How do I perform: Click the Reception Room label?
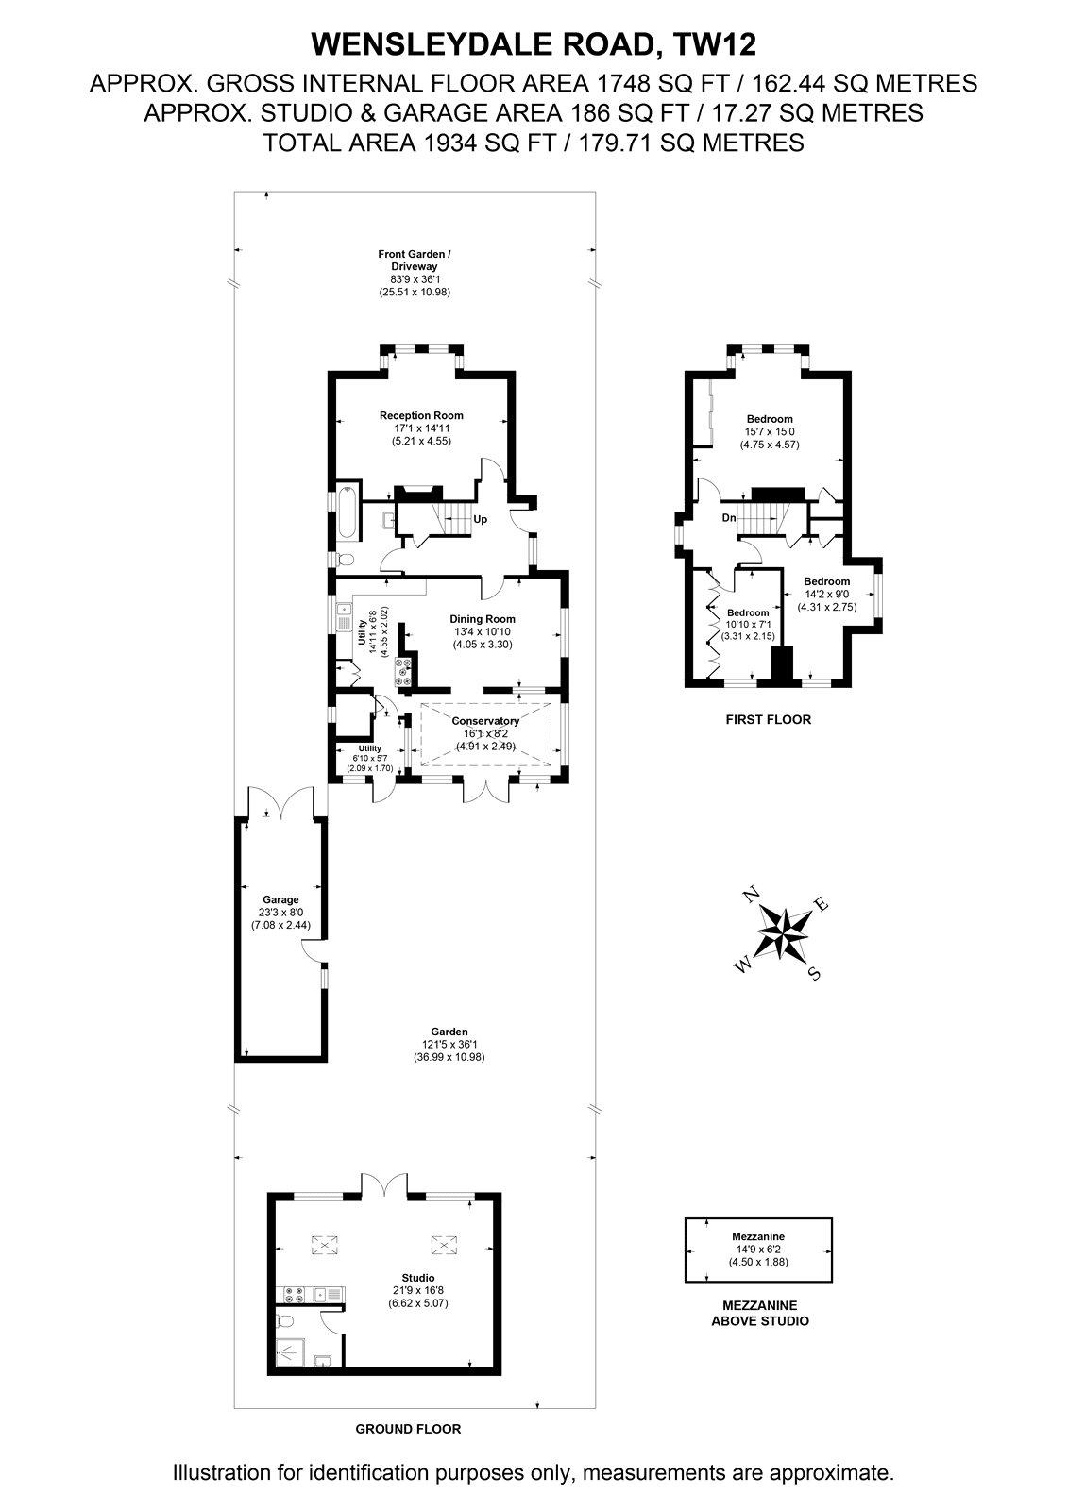(x=421, y=415)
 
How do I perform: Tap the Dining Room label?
(x=483, y=619)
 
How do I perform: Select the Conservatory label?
(x=485, y=721)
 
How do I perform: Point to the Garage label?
(x=280, y=899)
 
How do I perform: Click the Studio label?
(x=418, y=1278)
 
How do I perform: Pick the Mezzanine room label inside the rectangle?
(x=758, y=1236)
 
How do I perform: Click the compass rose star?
(x=782, y=933)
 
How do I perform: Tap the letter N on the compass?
(x=750, y=895)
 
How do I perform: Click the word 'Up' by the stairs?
(x=481, y=520)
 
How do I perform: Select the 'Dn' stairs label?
(x=729, y=518)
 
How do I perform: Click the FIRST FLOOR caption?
(x=769, y=719)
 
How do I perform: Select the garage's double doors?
(x=280, y=802)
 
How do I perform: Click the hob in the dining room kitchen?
(x=403, y=671)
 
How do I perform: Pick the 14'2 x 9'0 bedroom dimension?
(x=827, y=594)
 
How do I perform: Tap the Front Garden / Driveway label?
(x=415, y=260)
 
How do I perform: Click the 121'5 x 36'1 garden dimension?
(x=449, y=1044)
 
